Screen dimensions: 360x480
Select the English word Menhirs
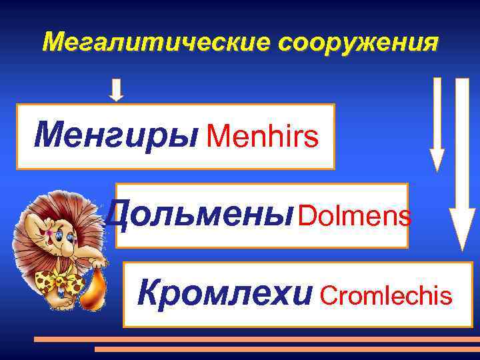point(262,137)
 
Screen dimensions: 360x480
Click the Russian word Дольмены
point(200,215)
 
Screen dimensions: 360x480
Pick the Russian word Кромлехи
point(224,293)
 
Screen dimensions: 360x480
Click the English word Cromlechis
point(387,295)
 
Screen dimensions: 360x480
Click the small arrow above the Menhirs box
point(117,90)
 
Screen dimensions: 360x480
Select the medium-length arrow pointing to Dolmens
point(437,123)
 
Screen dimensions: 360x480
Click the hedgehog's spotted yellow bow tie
point(59,282)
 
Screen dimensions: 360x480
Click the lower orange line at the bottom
point(287,349)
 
